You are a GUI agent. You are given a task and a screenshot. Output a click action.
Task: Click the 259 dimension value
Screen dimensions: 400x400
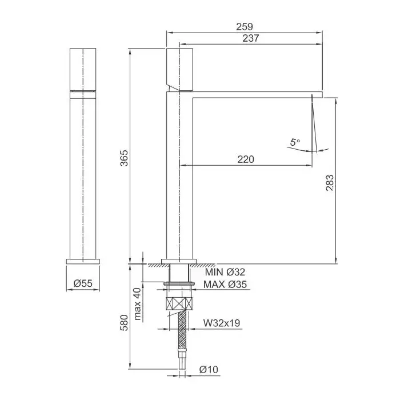[x=245, y=26]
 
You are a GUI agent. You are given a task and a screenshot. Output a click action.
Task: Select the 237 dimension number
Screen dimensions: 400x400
[x=250, y=38]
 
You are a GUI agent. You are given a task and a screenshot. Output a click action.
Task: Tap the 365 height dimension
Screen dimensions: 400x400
[x=124, y=158]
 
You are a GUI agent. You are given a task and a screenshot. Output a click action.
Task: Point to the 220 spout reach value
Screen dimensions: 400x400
[x=246, y=159]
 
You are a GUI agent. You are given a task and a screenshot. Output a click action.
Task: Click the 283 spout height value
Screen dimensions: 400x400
[x=330, y=183]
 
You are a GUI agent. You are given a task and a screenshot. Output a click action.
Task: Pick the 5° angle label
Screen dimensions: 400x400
[x=295, y=142]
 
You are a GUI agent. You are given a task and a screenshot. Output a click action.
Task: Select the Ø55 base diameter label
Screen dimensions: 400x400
[x=83, y=283]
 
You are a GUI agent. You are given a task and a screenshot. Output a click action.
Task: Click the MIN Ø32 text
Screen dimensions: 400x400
[x=225, y=272]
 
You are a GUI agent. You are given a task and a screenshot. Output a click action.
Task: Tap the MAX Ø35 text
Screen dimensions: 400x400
[x=225, y=284]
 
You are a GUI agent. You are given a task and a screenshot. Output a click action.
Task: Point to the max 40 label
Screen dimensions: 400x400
[x=137, y=304]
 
